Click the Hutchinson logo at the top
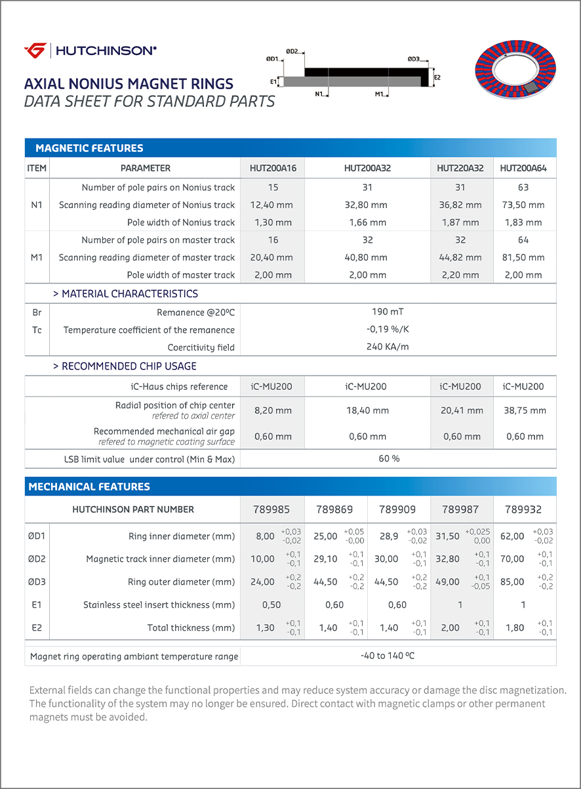coord(90,51)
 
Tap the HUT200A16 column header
coord(273,168)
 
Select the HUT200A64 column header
coord(523,168)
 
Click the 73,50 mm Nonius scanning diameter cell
coord(523,205)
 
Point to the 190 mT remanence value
coord(388,312)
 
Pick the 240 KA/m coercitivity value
coord(388,347)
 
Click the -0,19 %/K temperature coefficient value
coord(388,330)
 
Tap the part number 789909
coord(397,509)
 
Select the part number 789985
coord(271,509)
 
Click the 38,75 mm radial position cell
coord(524,410)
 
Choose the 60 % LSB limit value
coord(389,458)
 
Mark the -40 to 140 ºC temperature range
coord(388,656)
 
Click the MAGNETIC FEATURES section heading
coord(89,148)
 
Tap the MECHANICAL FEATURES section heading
coord(89,486)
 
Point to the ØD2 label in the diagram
coord(292,51)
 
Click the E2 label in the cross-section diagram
coord(437,77)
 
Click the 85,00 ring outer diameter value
coord(512,582)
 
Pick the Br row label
coord(37,312)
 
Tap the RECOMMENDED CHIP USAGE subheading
coord(125,366)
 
